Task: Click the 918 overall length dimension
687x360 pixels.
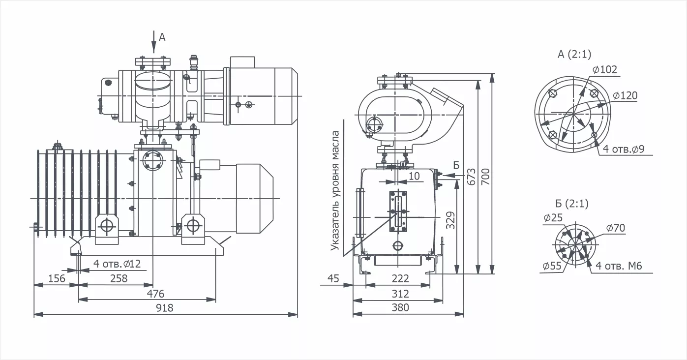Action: [x=165, y=308]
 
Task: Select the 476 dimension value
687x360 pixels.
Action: [x=155, y=294]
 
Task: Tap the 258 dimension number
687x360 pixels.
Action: [x=118, y=278]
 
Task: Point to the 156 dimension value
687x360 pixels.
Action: [x=57, y=278]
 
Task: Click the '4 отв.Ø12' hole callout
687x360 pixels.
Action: [x=117, y=264]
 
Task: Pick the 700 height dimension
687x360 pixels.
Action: [x=486, y=176]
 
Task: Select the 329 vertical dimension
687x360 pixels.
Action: [x=451, y=221]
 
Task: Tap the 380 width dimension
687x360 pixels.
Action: [x=400, y=308]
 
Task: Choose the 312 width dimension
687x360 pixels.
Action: [x=400, y=294]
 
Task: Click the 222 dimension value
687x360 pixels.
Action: [x=400, y=279]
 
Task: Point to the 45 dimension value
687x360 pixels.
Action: [x=333, y=279]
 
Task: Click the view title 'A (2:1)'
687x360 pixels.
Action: [x=574, y=55]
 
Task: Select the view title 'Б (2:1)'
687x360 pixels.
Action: [x=571, y=204]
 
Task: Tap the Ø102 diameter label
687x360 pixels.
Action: [x=604, y=70]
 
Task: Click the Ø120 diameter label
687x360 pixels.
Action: [x=625, y=95]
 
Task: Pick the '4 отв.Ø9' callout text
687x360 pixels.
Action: [x=627, y=149]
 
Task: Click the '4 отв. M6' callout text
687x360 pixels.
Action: [x=619, y=266]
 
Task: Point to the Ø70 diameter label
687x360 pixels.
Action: [x=615, y=228]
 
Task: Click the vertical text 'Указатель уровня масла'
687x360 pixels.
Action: [x=335, y=191]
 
